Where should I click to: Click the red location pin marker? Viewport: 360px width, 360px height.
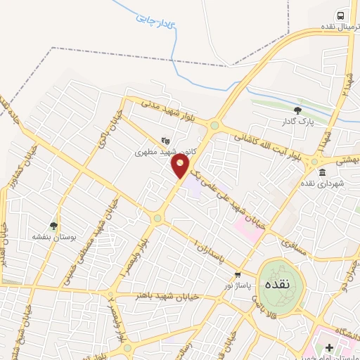pyautogui.click(x=181, y=166)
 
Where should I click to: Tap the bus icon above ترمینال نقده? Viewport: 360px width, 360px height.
pyautogui.click(x=341, y=16)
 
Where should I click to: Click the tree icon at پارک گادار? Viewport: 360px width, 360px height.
pyautogui.click(x=297, y=110)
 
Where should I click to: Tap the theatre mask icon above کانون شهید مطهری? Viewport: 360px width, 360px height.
pyautogui.click(x=165, y=140)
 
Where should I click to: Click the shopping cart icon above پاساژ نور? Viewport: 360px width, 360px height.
pyautogui.click(x=238, y=274)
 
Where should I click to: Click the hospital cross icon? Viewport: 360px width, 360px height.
pyautogui.click(x=330, y=347)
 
